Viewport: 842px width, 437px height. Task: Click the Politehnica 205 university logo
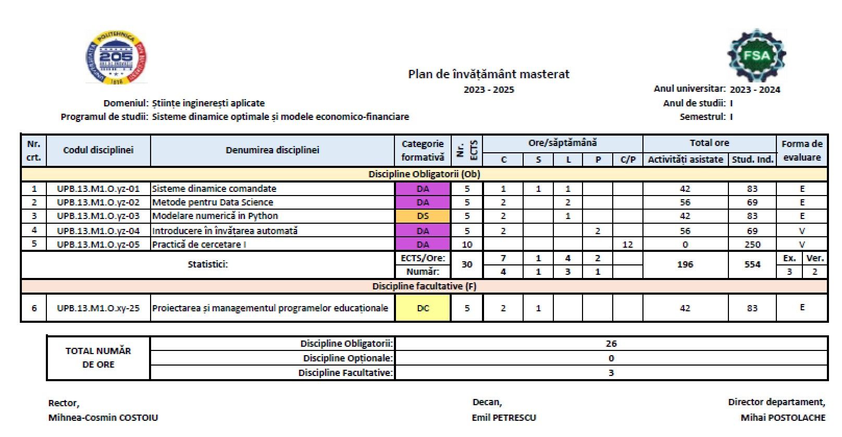[116, 58]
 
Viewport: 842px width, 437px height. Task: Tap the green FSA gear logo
[757, 55]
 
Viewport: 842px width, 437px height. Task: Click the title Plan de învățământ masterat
[488, 74]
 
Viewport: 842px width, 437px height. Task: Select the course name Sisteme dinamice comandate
[214, 189]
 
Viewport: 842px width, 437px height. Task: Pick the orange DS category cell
[423, 216]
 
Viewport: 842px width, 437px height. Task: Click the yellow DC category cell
[423, 308]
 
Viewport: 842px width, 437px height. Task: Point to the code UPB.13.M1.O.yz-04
[98, 230]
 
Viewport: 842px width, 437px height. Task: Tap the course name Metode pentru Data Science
[213, 202]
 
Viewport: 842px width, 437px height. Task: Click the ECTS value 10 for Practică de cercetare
[467, 244]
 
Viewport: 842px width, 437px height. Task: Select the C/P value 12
[627, 244]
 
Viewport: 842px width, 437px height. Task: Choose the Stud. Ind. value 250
[752, 244]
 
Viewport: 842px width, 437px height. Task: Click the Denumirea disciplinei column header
[272, 150]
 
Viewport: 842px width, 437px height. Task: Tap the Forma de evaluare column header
[802, 150]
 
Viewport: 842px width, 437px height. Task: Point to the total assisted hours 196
[685, 264]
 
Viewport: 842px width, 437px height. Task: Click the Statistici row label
[207, 264]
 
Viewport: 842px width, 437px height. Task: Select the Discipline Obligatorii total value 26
[611, 344]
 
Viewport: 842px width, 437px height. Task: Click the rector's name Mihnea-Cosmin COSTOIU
[103, 418]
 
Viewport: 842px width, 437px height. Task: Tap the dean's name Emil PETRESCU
[504, 418]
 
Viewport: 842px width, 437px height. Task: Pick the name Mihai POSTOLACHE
[783, 418]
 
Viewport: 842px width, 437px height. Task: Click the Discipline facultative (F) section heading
[424, 286]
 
